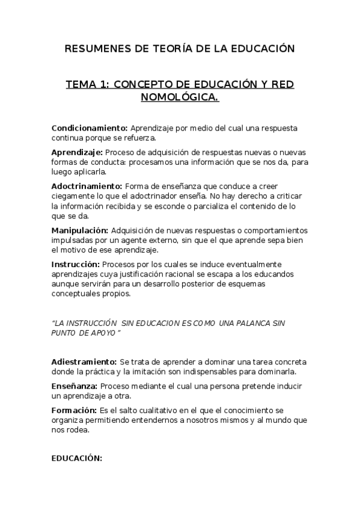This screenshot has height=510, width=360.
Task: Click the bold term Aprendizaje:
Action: [77, 153]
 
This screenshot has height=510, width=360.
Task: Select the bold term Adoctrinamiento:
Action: [87, 186]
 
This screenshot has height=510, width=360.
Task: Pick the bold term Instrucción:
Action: [76, 264]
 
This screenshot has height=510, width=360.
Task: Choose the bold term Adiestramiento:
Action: [84, 362]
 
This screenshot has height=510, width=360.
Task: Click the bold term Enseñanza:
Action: [75, 386]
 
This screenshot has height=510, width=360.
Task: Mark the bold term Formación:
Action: [73, 410]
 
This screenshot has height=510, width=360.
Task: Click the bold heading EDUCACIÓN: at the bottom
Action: [77, 458]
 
